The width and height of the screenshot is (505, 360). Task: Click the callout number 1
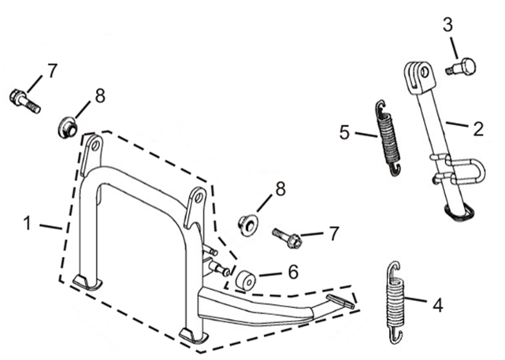28,223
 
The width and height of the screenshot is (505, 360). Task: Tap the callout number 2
478,129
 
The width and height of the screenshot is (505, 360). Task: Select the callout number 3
448,24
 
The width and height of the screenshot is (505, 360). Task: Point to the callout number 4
438,305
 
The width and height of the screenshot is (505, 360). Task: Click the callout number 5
344,132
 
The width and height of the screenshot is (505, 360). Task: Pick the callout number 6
293,273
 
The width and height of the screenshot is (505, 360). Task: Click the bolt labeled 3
461,67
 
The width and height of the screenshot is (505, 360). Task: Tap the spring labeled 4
395,302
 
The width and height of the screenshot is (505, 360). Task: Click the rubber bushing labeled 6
246,280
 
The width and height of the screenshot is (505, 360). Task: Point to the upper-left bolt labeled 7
24,101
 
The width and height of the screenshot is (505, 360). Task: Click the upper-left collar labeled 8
68,128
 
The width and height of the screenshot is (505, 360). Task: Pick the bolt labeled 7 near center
287,238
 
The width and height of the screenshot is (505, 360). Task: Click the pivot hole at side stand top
424,72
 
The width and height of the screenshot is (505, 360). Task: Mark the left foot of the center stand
87,281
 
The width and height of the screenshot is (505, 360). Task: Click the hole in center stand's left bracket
95,147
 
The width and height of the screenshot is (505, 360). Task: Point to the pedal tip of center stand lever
341,301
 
